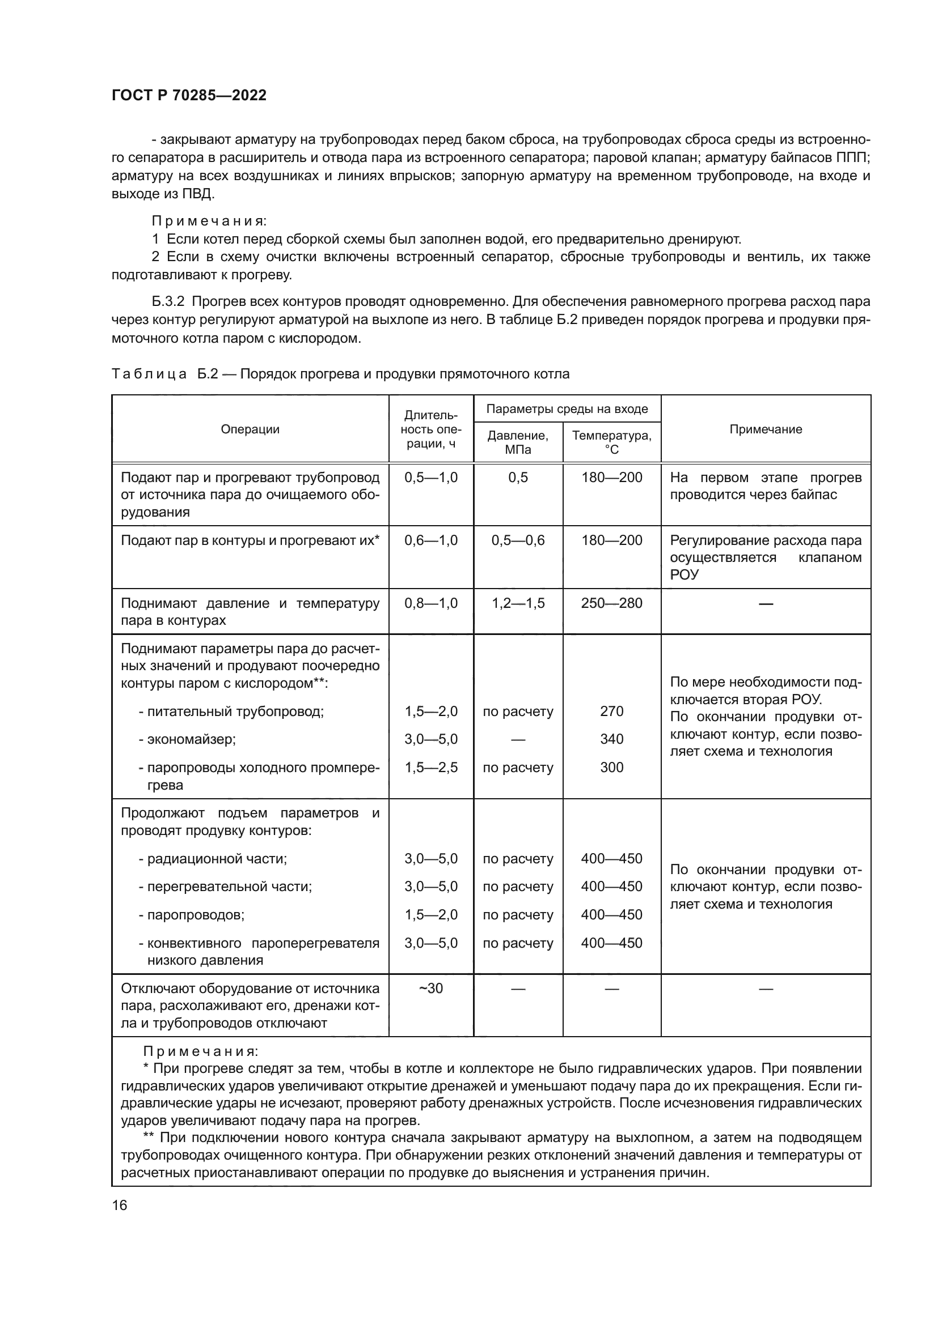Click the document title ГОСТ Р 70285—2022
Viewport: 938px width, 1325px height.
click(x=189, y=96)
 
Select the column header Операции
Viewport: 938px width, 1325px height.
click(x=250, y=429)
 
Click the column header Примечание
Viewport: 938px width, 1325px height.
click(x=765, y=429)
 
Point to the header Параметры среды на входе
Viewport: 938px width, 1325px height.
click(x=567, y=409)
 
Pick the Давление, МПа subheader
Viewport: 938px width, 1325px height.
click(x=518, y=442)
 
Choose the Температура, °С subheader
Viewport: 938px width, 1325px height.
click(x=612, y=442)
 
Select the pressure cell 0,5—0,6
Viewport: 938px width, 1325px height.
click(x=518, y=540)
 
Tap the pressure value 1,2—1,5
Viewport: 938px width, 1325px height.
click(x=518, y=603)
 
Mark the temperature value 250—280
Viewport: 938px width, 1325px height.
click(x=612, y=603)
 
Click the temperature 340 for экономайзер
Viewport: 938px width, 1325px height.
click(x=612, y=739)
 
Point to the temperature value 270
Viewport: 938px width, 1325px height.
click(x=612, y=711)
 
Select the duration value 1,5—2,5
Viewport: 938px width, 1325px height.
click(x=431, y=767)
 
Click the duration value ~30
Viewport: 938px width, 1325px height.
click(x=431, y=989)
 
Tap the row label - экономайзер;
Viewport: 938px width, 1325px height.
click(x=187, y=739)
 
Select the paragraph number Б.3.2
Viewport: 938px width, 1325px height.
click(x=168, y=302)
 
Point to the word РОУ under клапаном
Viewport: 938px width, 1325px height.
click(x=684, y=575)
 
